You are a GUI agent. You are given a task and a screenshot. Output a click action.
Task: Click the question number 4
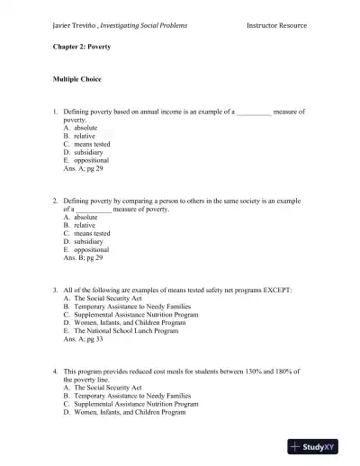tap(56, 371)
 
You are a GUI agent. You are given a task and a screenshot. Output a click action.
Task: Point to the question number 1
tap(56, 112)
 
